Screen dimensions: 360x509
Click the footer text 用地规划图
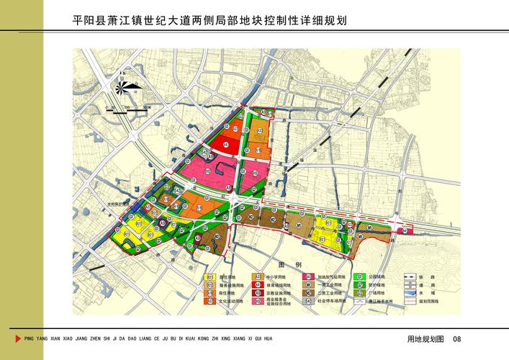(x=425, y=339)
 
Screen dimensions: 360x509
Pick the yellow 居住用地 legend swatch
(x=210, y=276)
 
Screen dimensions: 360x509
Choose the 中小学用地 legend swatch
(x=257, y=276)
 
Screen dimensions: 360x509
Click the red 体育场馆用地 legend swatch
(x=257, y=285)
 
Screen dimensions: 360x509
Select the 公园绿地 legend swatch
(x=358, y=276)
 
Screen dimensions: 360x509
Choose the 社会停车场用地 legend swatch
(x=307, y=302)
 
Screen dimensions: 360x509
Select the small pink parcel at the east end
(x=408, y=230)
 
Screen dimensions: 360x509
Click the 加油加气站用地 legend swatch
(x=307, y=276)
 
